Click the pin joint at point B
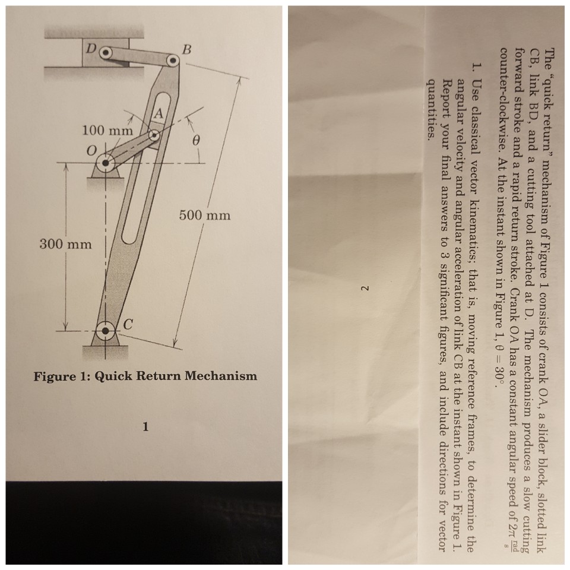pyautogui.click(x=172, y=61)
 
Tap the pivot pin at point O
pyautogui.click(x=107, y=161)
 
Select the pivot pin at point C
pyautogui.click(x=106, y=328)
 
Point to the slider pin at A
pyautogui.click(x=154, y=136)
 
